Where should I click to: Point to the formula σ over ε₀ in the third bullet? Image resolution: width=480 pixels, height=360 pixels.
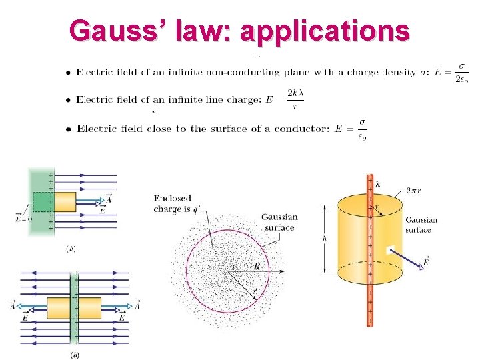[x=361, y=129]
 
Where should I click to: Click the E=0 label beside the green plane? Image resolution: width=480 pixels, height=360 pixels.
[x=23, y=218]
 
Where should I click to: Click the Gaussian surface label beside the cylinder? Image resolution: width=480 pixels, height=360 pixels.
[x=421, y=225]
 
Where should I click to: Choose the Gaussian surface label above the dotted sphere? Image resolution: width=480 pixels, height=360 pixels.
[x=279, y=222]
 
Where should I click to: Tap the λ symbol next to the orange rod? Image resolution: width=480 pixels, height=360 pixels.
[x=378, y=185]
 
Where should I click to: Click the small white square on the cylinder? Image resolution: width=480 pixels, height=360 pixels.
[x=391, y=251]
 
